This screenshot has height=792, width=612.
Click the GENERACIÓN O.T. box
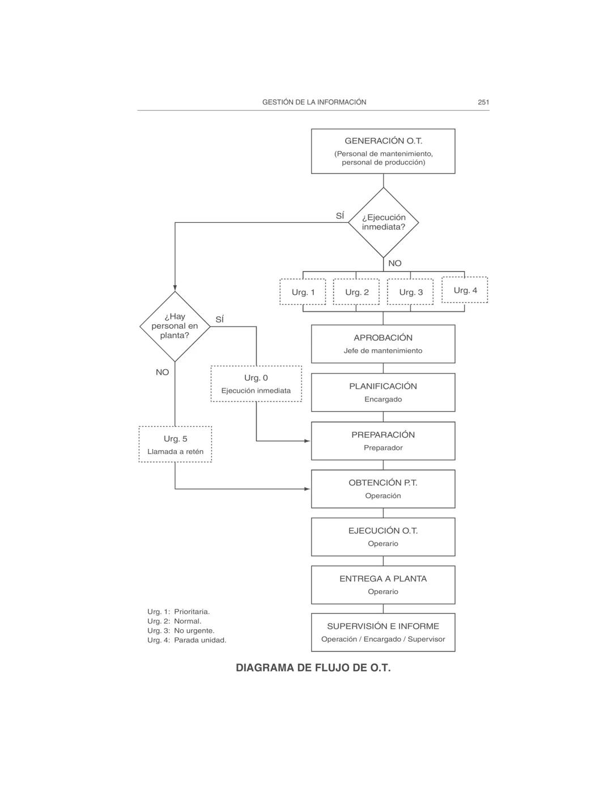tap(383, 151)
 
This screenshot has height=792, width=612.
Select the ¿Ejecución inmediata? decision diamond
tap(383, 222)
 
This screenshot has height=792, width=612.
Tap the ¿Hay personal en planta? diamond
tap(175, 326)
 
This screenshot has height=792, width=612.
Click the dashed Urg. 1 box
tap(303, 292)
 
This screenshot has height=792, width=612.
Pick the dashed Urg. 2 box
tap(356, 292)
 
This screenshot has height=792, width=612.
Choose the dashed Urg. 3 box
tap(410, 292)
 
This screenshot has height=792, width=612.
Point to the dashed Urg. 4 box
tap(465, 290)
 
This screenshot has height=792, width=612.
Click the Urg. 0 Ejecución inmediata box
tap(256, 384)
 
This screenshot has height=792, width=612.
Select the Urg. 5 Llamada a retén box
tap(175, 444)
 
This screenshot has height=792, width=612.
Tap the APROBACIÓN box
tap(383, 344)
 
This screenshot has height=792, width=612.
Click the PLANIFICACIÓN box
tap(383, 392)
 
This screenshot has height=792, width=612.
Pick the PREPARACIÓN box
tap(383, 441)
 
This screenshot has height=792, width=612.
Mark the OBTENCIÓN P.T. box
tap(383, 489)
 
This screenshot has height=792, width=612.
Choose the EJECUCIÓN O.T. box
tap(383, 537)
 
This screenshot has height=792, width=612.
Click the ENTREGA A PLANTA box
tap(383, 585)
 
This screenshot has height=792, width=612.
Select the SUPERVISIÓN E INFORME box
tap(383, 632)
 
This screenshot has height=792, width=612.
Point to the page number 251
tap(483, 102)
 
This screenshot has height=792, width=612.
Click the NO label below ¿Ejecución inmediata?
tap(395, 263)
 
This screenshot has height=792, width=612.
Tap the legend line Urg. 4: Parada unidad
tap(187, 640)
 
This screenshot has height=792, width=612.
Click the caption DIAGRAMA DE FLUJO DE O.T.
tap(313, 668)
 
